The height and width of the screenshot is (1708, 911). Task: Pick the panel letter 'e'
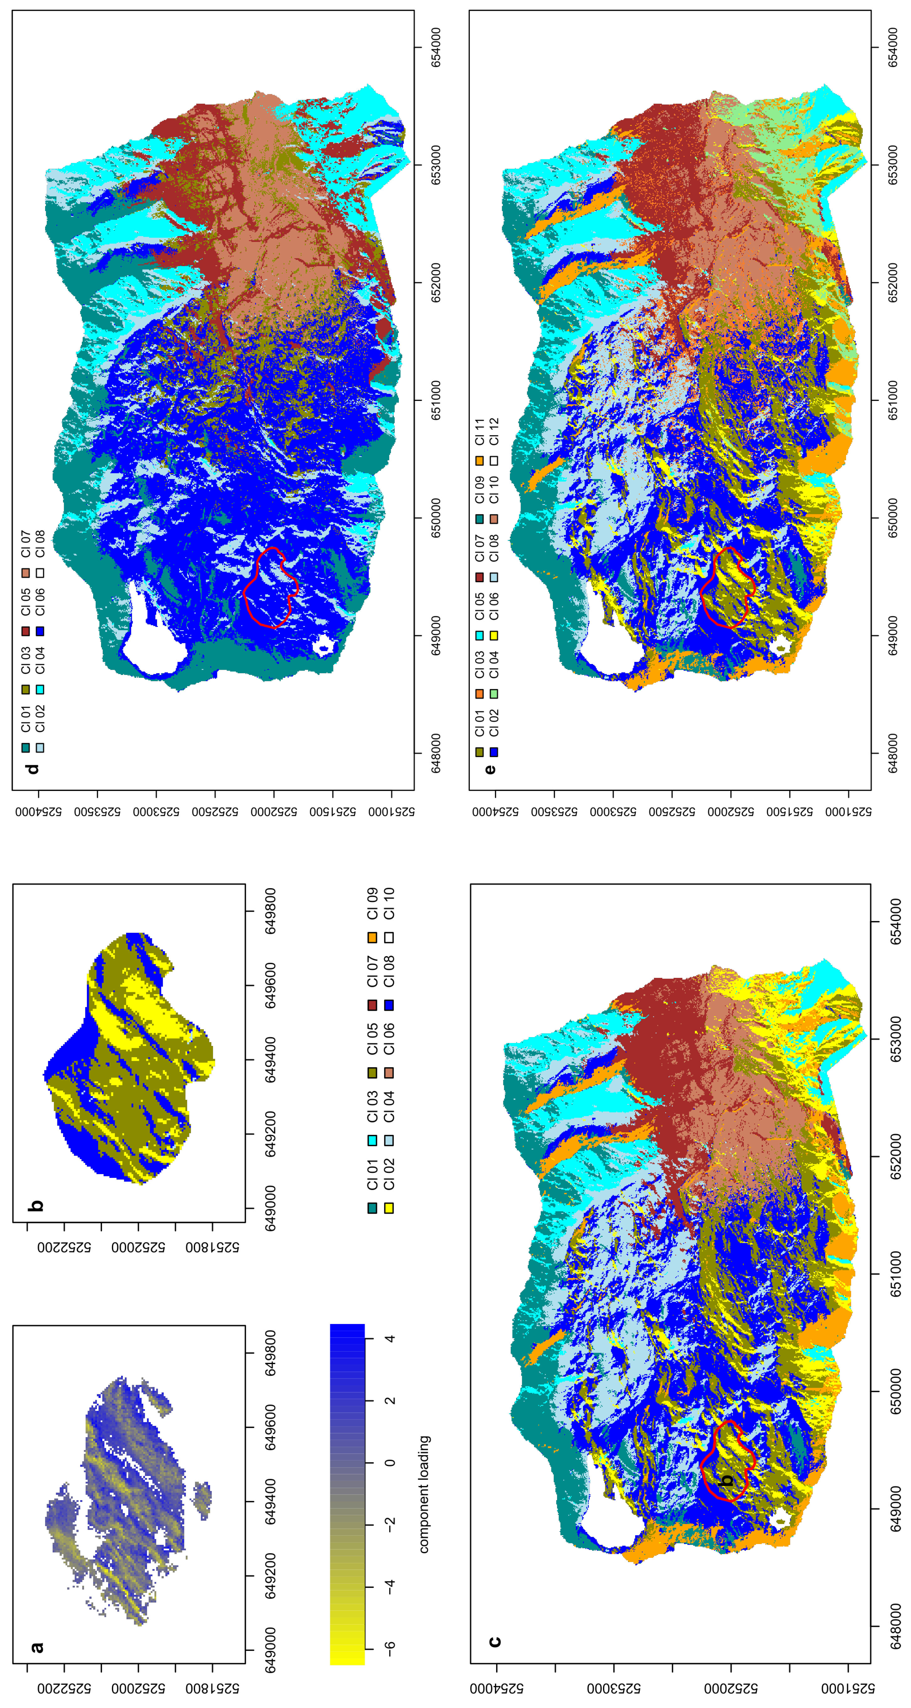[x=489, y=769]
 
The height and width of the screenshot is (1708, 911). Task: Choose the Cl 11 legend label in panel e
[x=479, y=432]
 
